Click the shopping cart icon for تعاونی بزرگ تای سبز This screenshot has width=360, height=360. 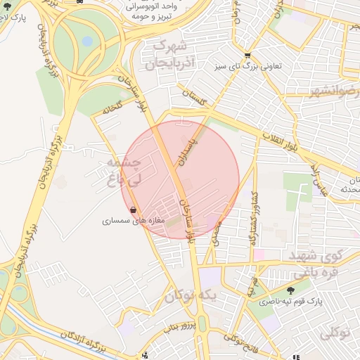point(247,56)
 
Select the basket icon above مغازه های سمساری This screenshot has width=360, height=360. point(133,210)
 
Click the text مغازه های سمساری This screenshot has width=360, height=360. point(134,221)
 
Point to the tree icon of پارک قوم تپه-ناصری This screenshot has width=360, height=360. point(291,290)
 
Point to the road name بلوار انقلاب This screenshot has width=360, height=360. point(281,141)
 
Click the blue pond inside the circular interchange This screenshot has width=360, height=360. point(88,41)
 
